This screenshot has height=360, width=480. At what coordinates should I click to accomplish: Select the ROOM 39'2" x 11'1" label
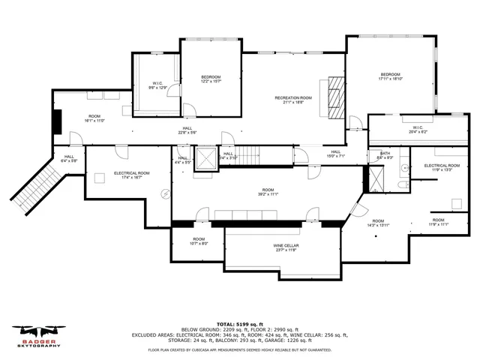268,191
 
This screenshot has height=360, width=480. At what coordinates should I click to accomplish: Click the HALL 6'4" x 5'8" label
68,158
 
